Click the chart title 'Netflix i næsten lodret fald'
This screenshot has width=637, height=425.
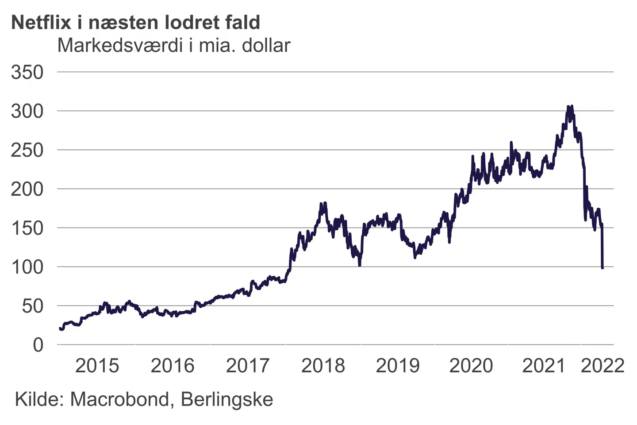[135, 22]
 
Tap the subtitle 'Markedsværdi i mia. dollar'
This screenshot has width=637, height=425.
[173, 45]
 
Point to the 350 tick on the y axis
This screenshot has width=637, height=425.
[27, 72]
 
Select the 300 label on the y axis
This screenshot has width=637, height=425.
[27, 111]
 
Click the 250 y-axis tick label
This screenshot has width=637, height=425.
[27, 150]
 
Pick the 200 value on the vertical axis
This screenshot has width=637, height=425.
[27, 189]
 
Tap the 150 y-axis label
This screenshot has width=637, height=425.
[27, 228]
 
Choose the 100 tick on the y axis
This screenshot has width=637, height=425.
[27, 267]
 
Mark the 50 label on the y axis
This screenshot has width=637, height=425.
[33, 306]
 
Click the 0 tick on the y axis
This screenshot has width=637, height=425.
[38, 345]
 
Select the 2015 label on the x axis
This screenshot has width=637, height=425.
[97, 366]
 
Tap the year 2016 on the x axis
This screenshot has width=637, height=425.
[172, 366]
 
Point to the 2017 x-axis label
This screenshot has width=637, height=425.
[247, 366]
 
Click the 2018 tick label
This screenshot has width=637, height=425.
[322, 366]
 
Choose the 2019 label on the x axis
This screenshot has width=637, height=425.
[397, 366]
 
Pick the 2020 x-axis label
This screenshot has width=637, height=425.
[471, 366]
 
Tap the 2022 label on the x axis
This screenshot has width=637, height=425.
[602, 366]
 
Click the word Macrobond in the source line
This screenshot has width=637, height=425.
[119, 399]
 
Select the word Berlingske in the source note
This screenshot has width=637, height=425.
[227, 399]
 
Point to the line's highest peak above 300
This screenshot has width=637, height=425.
[568, 107]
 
